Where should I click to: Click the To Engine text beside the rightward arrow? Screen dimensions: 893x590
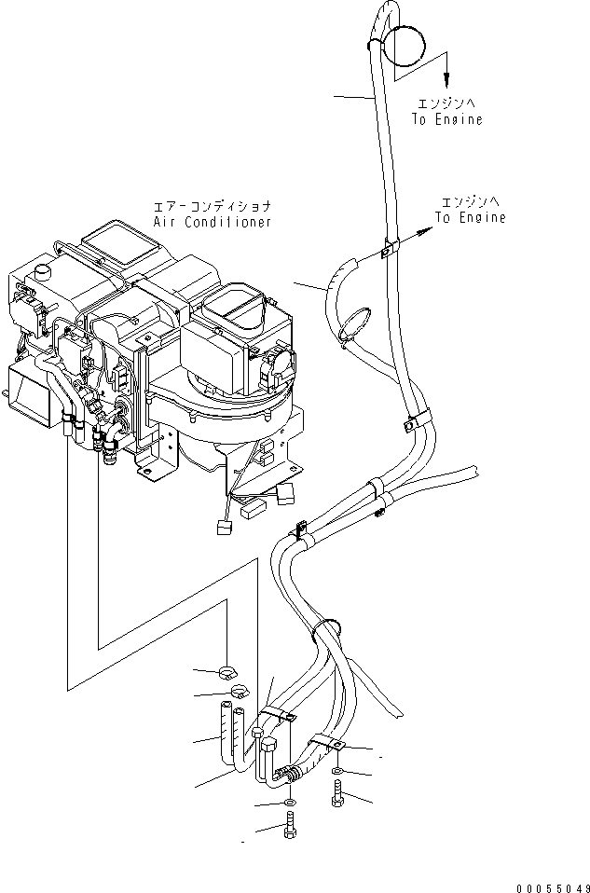472,217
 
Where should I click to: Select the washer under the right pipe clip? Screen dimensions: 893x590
336,771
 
